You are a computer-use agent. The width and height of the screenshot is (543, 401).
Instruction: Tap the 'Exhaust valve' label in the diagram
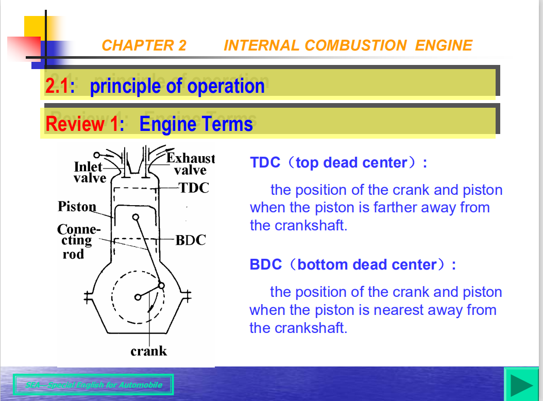coord(190,164)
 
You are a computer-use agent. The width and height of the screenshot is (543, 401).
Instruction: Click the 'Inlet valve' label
coord(89,172)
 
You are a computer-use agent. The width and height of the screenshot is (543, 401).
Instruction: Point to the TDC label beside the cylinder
coord(194,188)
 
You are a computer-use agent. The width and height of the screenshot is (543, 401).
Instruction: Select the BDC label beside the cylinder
coord(190,240)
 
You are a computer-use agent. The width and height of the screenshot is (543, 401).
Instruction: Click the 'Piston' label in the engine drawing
coord(77,207)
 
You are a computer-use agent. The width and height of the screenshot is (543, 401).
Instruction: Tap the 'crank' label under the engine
coord(148,352)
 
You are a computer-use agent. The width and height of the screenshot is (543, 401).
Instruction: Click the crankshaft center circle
coord(138,297)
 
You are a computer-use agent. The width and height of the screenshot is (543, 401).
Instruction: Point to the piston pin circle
coord(136,217)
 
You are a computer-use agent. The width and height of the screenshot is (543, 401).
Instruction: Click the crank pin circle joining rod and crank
coord(161,286)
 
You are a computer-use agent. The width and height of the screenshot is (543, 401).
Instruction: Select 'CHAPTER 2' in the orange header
coord(144,45)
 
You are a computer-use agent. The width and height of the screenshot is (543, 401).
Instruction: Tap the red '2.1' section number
coord(57,86)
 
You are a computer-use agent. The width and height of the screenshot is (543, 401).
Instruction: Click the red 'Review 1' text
coord(81,124)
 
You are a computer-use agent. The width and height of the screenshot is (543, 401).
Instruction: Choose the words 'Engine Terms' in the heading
coord(196,124)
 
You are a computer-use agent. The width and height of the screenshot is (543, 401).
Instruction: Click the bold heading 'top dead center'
coord(351,163)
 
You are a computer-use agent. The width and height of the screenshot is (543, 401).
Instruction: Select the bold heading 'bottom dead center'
coord(367,265)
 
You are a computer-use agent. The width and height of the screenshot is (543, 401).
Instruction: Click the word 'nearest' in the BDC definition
coord(397,310)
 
